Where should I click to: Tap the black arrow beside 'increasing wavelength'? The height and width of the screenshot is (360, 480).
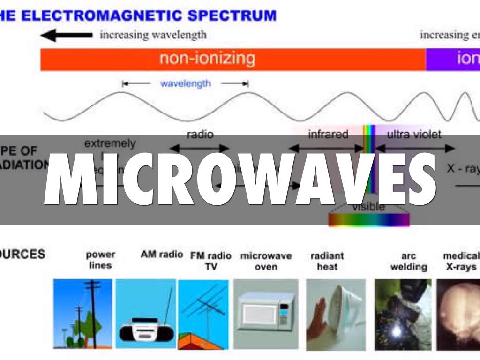pyautogui.click(x=66, y=35)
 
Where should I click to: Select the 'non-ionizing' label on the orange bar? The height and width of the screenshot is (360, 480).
pyautogui.click(x=207, y=59)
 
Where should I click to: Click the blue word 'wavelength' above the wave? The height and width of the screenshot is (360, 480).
pyautogui.click(x=185, y=84)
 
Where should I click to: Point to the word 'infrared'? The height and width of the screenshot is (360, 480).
pyautogui.click(x=328, y=135)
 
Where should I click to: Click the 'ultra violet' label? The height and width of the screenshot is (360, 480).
pyautogui.click(x=414, y=135)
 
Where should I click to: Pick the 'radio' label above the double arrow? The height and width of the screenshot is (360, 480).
pyautogui.click(x=200, y=135)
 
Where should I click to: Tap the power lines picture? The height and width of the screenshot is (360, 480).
pyautogui.click(x=83, y=313)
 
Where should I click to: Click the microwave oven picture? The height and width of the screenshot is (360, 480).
pyautogui.click(x=266, y=313)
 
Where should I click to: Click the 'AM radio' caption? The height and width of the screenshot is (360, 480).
pyautogui.click(x=162, y=255)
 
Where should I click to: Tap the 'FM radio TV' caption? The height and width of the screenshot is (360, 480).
pyautogui.click(x=211, y=261)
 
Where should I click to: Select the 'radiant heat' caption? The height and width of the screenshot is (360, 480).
pyautogui.click(x=327, y=261)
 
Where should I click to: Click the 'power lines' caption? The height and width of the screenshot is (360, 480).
pyautogui.click(x=100, y=260)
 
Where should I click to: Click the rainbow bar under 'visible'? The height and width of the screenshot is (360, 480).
pyautogui.click(x=368, y=219)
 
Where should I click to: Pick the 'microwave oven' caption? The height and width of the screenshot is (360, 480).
pyautogui.click(x=266, y=261)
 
